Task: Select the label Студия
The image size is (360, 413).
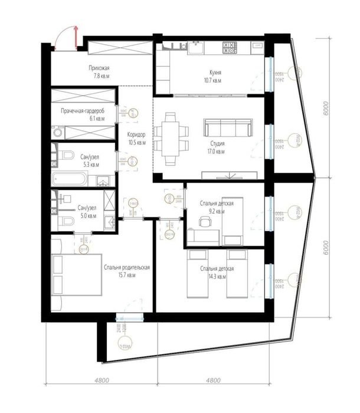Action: [217, 143]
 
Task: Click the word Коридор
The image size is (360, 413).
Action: [137, 134]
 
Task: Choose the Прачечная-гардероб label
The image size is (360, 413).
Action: [83, 111]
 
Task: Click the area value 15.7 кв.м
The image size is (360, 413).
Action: [126, 275]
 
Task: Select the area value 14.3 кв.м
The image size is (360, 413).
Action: [218, 276]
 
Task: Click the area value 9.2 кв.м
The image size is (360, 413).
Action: [215, 211]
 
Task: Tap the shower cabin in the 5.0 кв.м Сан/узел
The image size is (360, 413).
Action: [108, 198]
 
